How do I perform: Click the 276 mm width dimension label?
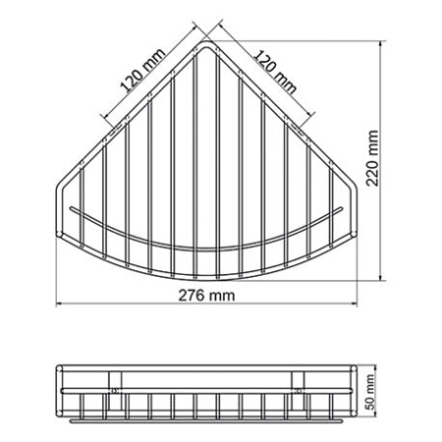203,296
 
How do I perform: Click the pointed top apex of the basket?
204,43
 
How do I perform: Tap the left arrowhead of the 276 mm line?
57,304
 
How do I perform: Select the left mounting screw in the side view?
117,390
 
